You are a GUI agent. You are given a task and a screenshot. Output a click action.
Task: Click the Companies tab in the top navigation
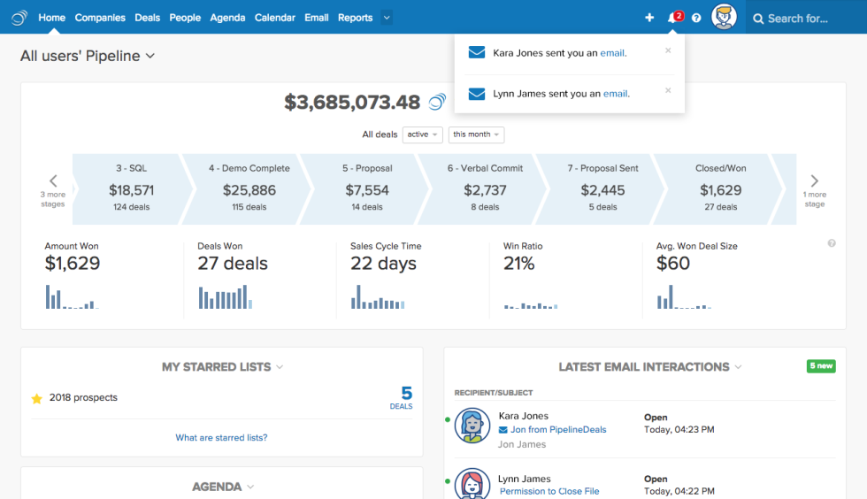(x=100, y=18)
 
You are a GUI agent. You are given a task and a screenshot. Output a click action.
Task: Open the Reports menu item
(x=355, y=18)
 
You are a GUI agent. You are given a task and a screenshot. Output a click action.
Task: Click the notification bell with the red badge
(x=672, y=18)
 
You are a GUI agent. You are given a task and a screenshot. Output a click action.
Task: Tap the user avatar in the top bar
(x=725, y=17)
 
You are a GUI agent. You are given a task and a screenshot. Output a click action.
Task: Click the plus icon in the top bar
(x=649, y=18)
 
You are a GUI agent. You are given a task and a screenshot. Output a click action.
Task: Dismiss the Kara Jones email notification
(x=668, y=50)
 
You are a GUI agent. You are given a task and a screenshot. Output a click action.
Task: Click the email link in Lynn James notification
(x=616, y=94)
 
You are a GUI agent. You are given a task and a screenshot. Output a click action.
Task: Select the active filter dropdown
(x=422, y=134)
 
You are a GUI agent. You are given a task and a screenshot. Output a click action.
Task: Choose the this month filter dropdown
(x=476, y=134)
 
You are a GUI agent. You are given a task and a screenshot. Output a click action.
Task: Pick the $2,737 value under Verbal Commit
(x=485, y=189)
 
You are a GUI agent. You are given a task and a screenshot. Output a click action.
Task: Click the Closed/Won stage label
(x=719, y=168)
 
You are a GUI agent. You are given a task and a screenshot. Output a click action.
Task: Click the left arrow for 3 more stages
(x=53, y=181)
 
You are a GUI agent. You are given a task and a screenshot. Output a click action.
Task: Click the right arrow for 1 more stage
(x=814, y=181)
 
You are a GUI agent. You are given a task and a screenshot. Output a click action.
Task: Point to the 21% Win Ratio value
(x=519, y=263)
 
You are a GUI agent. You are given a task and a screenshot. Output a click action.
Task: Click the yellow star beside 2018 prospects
(x=36, y=399)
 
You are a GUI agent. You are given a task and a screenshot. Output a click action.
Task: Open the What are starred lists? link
(x=221, y=437)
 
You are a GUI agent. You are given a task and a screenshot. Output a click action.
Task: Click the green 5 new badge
(x=820, y=365)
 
